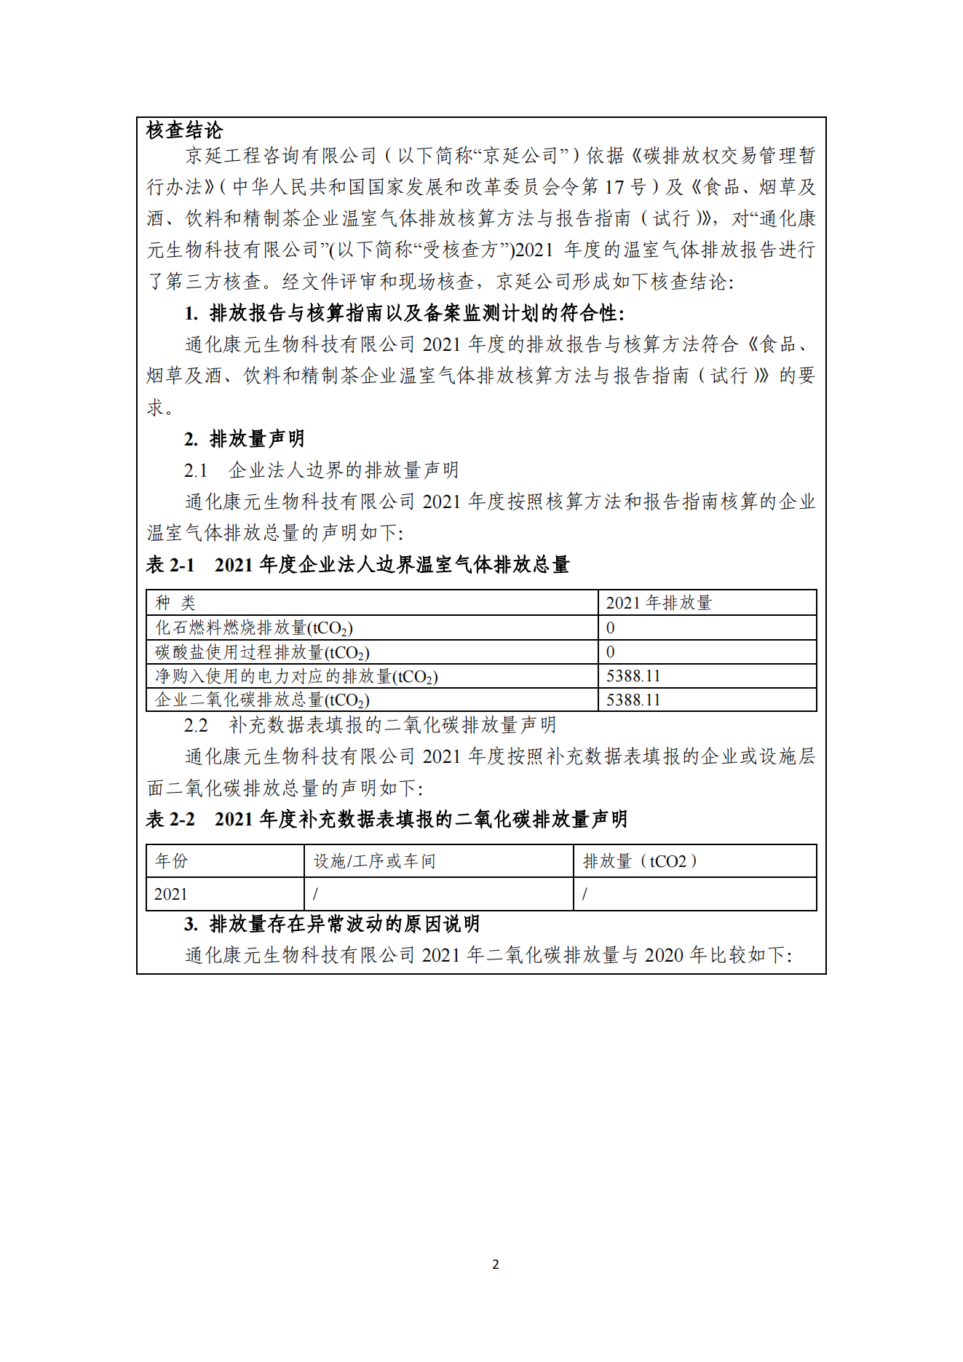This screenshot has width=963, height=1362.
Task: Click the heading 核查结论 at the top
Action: click(184, 131)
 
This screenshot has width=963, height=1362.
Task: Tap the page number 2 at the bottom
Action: click(496, 1264)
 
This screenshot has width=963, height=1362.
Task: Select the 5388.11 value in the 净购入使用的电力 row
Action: click(633, 676)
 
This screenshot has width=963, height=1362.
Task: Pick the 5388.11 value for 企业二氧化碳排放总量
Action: click(633, 700)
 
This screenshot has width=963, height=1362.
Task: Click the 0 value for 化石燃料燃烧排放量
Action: click(611, 627)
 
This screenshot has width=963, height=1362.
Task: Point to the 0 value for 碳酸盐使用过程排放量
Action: click(611, 652)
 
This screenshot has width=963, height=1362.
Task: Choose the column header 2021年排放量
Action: click(658, 603)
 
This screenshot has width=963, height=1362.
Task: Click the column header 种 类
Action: click(175, 603)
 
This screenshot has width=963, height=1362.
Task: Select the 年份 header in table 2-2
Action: click(172, 861)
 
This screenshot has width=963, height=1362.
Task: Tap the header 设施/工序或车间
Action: click(374, 861)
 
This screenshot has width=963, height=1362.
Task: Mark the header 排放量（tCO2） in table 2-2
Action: click(641, 861)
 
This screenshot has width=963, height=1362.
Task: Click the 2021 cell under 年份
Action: click(171, 894)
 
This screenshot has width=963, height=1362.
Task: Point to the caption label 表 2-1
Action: click(170, 565)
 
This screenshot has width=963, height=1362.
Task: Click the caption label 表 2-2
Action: click(170, 820)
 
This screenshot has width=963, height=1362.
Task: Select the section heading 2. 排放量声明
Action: click(244, 439)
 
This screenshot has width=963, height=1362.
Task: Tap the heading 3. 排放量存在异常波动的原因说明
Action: click(332, 924)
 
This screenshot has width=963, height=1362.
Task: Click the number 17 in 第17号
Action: click(614, 187)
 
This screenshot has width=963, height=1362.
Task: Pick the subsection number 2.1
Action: click(195, 471)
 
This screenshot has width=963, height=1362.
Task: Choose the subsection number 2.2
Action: click(195, 726)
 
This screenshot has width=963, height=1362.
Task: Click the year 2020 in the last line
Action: click(664, 955)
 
